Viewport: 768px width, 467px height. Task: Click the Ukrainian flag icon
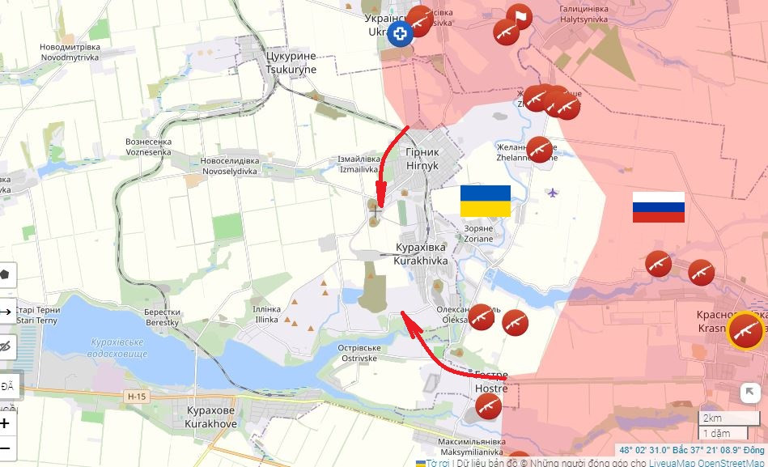(486, 201)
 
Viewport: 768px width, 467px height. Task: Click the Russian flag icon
(658, 207)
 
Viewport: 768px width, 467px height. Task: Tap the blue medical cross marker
(400, 34)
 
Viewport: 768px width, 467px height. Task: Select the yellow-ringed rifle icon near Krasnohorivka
(745, 330)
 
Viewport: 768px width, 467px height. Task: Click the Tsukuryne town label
(291, 63)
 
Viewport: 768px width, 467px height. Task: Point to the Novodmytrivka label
(70, 53)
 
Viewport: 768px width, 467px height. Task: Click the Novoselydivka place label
(229, 166)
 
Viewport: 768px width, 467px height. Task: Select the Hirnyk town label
(422, 159)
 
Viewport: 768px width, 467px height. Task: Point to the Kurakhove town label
(210, 417)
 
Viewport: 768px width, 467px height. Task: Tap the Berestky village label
(162, 317)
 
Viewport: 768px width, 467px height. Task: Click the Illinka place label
(266, 315)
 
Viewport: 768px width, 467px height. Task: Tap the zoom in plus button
(6, 422)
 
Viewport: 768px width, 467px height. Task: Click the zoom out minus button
(6, 448)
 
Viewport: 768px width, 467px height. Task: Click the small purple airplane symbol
(553, 193)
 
